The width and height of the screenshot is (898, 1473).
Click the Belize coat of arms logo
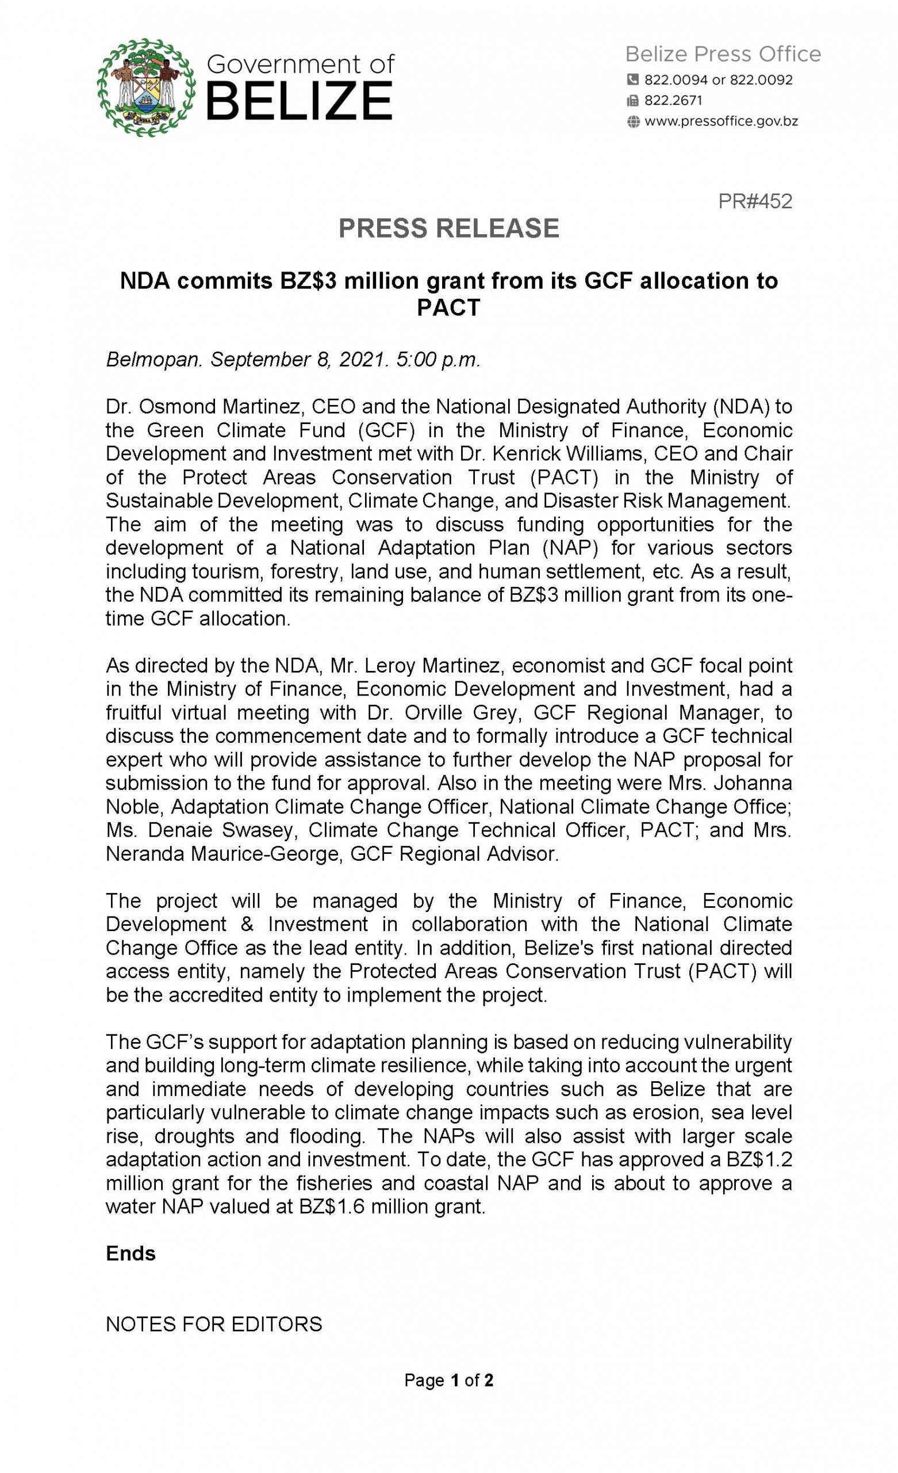[147, 87]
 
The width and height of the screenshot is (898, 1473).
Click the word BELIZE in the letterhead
[300, 102]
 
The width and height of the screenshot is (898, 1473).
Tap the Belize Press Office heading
[723, 55]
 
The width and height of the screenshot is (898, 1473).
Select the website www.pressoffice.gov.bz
[721, 121]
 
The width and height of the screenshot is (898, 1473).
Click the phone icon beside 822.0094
[633, 79]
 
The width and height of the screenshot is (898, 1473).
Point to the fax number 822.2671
[673, 101]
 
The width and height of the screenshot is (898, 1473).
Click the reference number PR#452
[755, 201]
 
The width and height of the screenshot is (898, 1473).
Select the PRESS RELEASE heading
[448, 228]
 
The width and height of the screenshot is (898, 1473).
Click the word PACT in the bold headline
[448, 307]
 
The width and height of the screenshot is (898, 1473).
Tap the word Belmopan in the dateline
[154, 359]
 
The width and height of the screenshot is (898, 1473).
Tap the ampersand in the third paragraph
[247, 924]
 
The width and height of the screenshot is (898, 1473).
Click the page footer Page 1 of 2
[448, 1380]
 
